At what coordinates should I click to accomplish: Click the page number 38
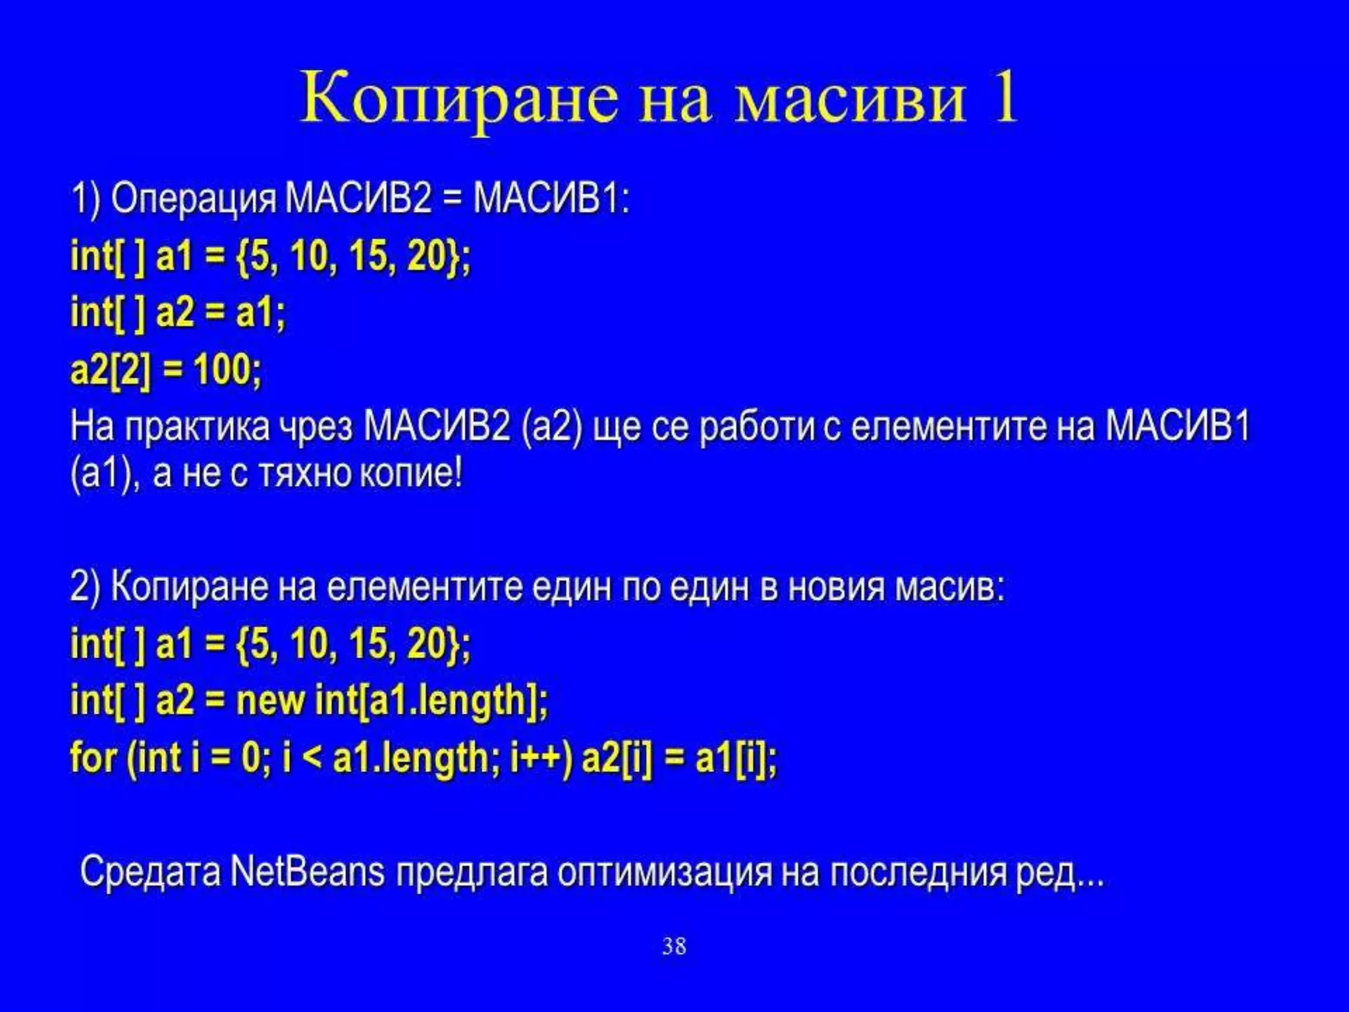[674, 947]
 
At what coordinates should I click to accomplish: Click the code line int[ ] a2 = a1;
[178, 312]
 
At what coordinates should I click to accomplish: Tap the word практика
[198, 427]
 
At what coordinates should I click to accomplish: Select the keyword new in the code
[271, 700]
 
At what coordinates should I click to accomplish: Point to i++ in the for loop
[541, 758]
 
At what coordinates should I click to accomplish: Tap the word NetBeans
[308, 872]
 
